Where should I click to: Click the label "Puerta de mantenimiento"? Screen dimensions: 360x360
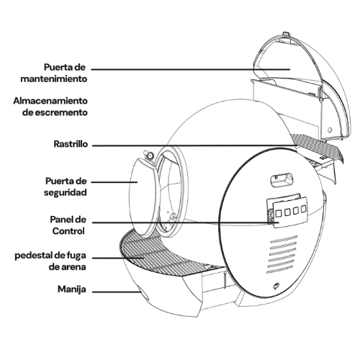[54, 73]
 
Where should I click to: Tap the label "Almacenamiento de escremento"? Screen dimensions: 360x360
[50, 107]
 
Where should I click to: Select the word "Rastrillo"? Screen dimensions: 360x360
[71, 144]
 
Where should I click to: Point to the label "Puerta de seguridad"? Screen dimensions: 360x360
[66, 186]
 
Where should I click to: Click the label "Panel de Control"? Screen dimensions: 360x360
[68, 225]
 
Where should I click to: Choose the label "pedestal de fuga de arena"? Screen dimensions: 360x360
[50, 261]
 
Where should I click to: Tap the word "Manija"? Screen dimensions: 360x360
[72, 289]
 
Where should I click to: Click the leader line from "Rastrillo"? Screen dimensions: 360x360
[195, 145]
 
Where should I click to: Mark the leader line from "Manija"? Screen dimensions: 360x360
[117, 292]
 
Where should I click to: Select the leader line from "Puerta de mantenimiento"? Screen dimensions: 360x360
[191, 70]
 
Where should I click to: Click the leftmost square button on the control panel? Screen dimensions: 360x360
[279, 213]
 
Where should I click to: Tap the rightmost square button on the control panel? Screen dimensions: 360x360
[304, 209]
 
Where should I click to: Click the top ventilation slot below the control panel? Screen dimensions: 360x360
[284, 238]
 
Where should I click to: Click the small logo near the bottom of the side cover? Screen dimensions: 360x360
[276, 286]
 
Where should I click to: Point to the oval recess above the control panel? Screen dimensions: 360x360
[282, 180]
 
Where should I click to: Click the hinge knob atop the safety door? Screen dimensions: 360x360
[149, 156]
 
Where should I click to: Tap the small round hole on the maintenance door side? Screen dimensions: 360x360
[330, 130]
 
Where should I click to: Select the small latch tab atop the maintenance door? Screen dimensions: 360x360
[285, 34]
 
